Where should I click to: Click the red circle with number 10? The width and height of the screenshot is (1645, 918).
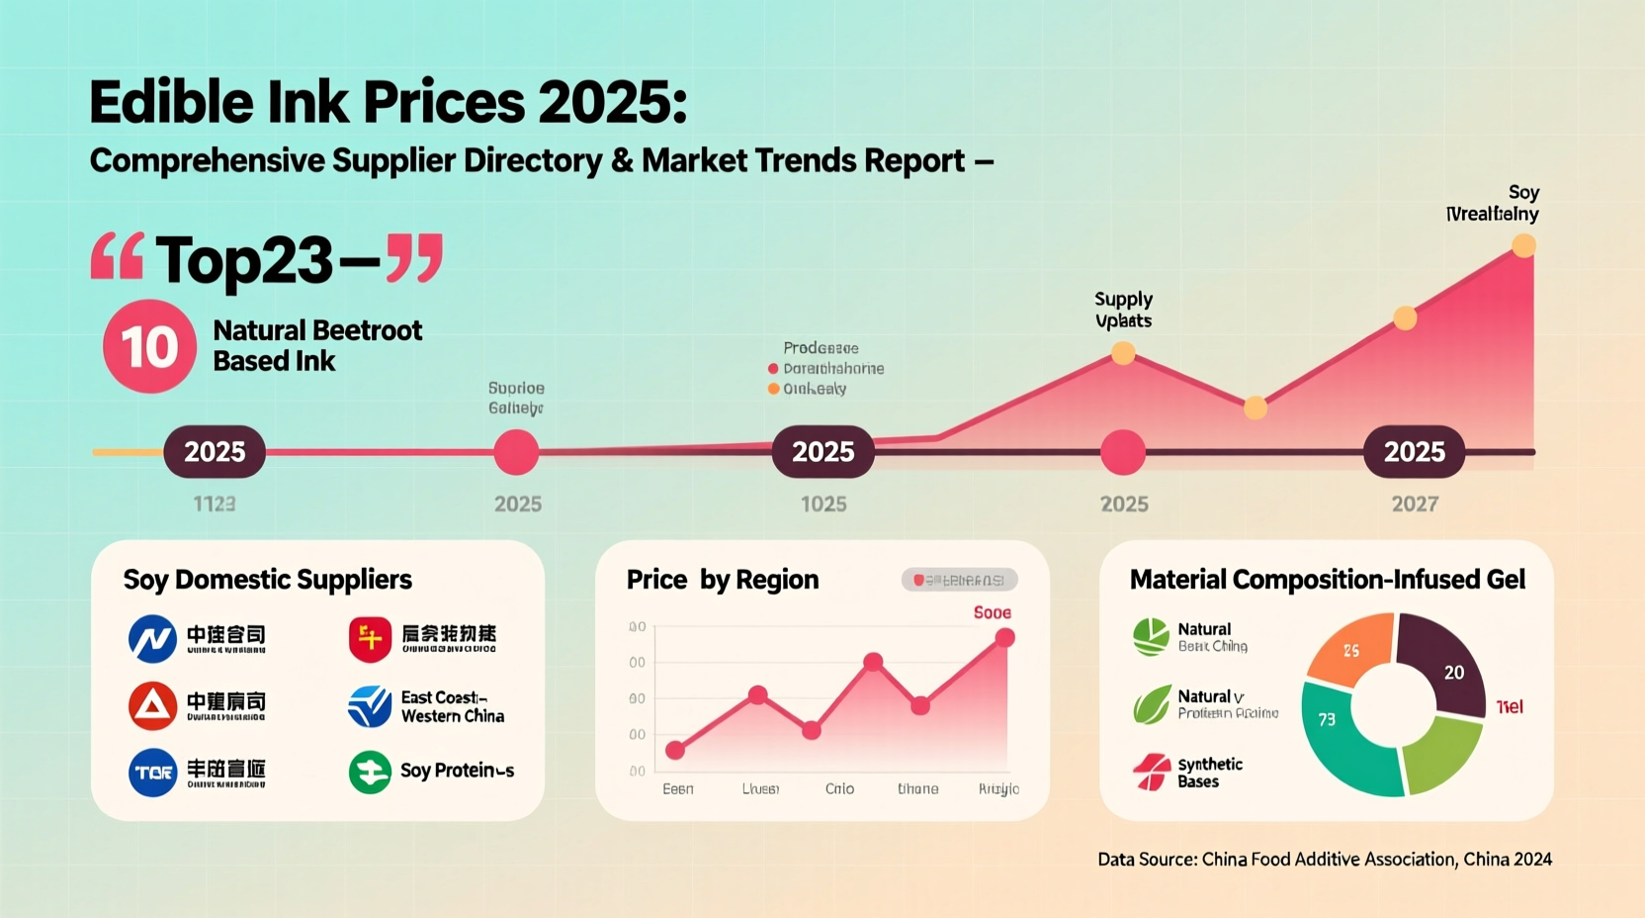click(x=149, y=346)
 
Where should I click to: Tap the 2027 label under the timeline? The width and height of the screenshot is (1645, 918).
click(x=1415, y=505)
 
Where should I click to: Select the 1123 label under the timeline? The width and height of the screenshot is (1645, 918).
click(x=215, y=505)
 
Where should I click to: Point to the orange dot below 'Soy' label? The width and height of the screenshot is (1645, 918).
click(x=1523, y=245)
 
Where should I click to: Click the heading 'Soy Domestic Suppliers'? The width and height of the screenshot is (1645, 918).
click(x=267, y=580)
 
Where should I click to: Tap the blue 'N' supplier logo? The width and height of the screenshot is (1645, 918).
click(x=152, y=638)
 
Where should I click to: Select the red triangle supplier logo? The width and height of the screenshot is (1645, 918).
click(x=152, y=705)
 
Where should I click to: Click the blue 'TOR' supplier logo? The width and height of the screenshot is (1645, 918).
click(x=152, y=773)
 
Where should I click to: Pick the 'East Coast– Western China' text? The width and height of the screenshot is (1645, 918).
click(x=452, y=706)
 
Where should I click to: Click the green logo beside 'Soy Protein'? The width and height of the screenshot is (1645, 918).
click(x=370, y=772)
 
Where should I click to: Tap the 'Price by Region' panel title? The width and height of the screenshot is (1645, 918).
click(x=722, y=580)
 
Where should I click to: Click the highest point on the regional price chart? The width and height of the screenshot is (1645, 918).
click(x=1004, y=638)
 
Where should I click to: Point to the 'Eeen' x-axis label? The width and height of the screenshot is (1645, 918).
click(x=678, y=788)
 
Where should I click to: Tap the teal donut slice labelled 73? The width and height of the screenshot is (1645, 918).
click(x=1335, y=732)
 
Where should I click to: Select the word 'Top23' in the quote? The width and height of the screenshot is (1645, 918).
click(x=243, y=261)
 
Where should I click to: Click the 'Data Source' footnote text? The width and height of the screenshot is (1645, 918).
click(x=1325, y=860)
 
